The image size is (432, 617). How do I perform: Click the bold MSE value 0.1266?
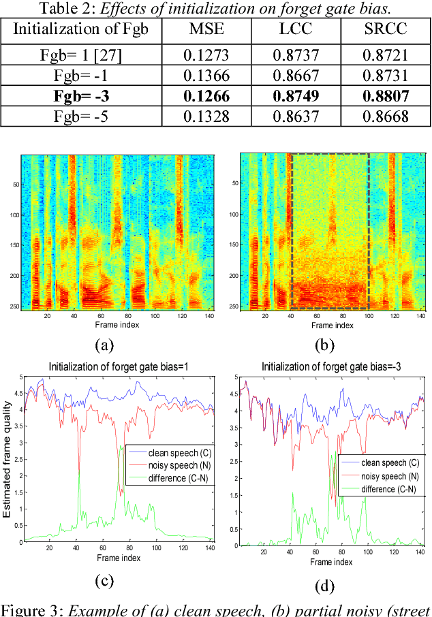212,97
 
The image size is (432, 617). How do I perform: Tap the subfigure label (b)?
325,345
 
